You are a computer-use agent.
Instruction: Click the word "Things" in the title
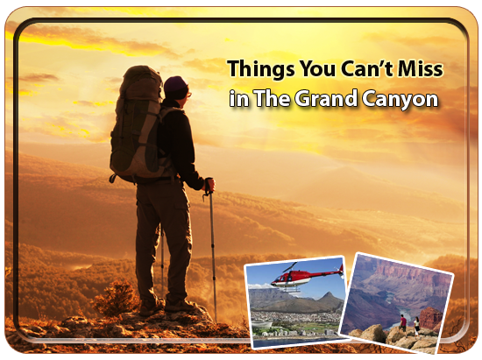tap(261, 70)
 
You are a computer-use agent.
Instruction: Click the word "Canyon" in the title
tap(400, 100)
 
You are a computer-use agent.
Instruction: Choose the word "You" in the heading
tap(317, 68)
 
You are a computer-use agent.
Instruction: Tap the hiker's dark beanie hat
tap(175, 88)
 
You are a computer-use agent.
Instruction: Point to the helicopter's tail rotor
tap(341, 270)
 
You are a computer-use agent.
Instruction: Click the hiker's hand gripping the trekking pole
tap(209, 185)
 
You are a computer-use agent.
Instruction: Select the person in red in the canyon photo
tap(403, 323)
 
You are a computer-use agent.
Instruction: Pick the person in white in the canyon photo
tap(416, 326)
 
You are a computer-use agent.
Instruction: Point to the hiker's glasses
tap(188, 94)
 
